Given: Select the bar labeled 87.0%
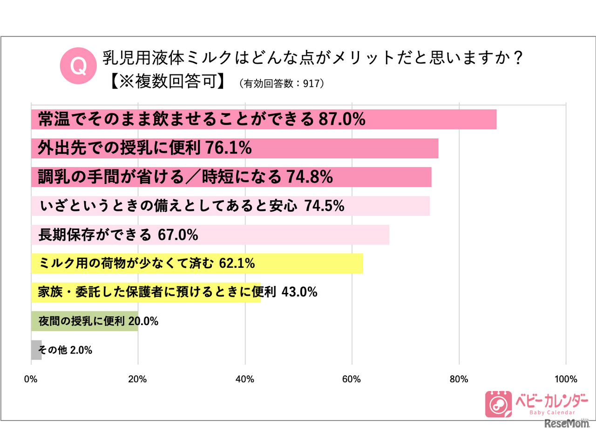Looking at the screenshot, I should [264, 119].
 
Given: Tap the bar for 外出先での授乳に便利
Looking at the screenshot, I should [235, 148].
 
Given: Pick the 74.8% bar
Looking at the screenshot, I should [231, 177].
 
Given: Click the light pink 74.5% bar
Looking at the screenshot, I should [230, 206].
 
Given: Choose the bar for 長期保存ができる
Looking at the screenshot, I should [210, 235].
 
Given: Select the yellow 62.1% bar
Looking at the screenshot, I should [196, 264].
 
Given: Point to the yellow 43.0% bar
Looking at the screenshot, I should [146, 292].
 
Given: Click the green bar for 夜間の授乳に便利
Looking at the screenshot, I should [84, 321].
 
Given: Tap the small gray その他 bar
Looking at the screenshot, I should [36, 350].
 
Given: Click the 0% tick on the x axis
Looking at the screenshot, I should [31, 379].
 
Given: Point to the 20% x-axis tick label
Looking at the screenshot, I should [138, 379].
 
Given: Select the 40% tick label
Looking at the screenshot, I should [245, 379].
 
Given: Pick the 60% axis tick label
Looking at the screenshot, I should [352, 379].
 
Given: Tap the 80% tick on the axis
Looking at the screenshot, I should [459, 379].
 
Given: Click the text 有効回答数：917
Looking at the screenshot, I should [281, 84].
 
